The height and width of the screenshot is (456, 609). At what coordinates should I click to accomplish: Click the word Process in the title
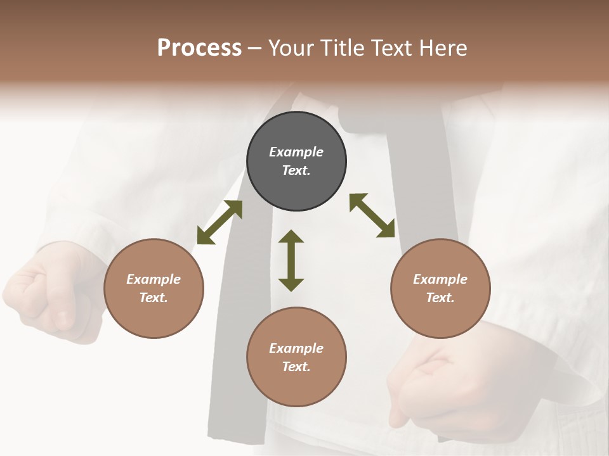(x=199, y=48)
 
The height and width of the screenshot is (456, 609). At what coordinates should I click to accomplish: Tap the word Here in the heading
(x=443, y=48)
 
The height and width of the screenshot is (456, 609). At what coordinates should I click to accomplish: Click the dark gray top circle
(x=296, y=161)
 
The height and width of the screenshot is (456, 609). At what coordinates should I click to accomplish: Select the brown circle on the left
(x=154, y=288)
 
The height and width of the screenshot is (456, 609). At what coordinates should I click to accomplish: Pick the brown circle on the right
(x=440, y=288)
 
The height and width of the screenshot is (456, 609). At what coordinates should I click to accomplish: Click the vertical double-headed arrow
(x=291, y=260)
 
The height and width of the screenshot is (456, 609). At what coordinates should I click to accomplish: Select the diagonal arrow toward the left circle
(x=219, y=222)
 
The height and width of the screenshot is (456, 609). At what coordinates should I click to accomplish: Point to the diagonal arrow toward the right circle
(x=372, y=215)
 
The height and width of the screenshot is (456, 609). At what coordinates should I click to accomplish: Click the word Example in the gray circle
(x=296, y=152)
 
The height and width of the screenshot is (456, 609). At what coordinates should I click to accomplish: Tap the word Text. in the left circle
(x=154, y=298)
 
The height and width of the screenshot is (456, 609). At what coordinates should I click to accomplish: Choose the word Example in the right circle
(x=440, y=279)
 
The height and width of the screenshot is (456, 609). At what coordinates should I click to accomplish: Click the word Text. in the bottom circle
(x=296, y=367)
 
